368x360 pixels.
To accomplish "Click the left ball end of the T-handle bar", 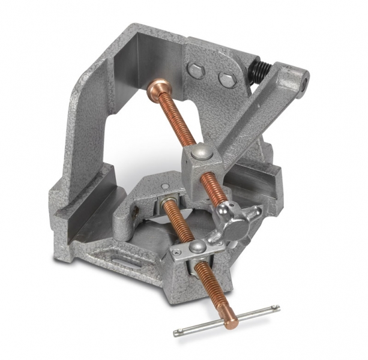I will click(x=176, y=333).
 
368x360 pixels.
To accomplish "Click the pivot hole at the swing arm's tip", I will click(x=304, y=77).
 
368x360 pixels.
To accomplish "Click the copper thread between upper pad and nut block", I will click(x=174, y=120).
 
